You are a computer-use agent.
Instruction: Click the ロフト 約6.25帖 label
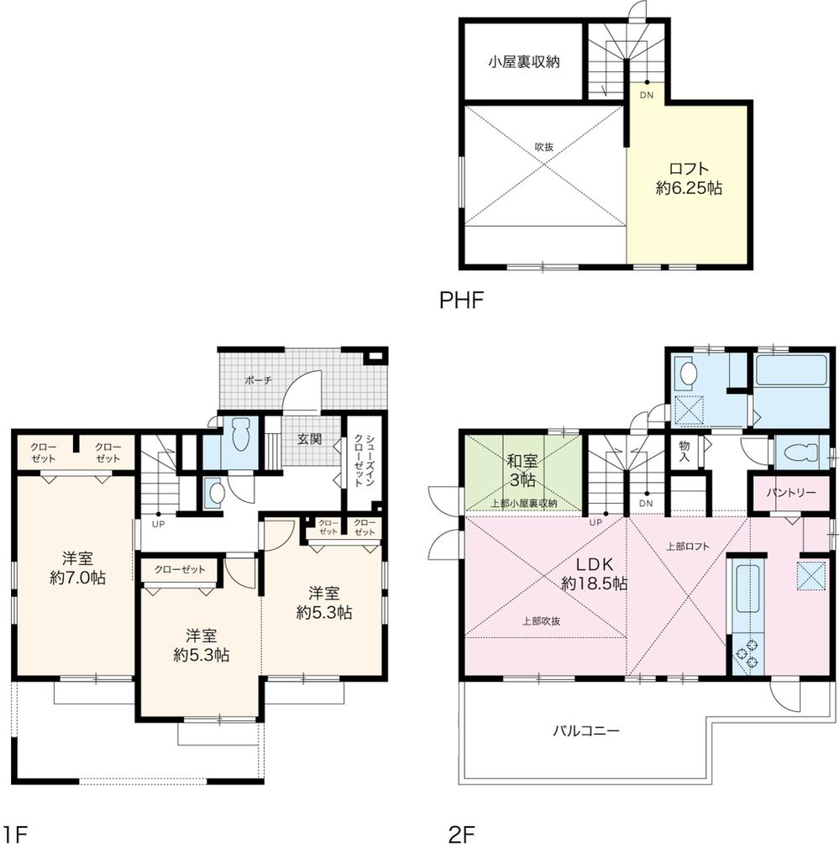pos(688,177)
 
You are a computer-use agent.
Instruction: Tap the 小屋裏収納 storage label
pos(524,61)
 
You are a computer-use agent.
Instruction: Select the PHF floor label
pos(462,300)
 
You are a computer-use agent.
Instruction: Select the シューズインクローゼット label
pos(360,461)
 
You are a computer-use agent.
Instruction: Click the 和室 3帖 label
pos(522,470)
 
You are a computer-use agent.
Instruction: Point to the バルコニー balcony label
pos(585,730)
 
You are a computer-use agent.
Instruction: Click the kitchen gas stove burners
pos(744,657)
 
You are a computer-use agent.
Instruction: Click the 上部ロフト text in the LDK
pos(687,546)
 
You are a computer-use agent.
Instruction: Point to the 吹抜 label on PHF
pos(544,146)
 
